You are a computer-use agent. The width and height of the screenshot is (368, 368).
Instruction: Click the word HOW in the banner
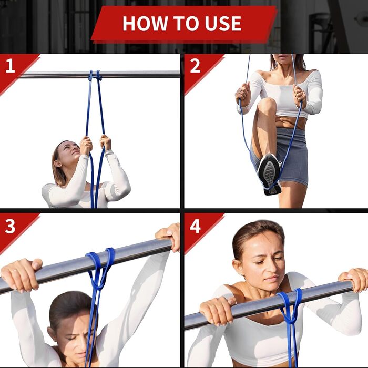145,23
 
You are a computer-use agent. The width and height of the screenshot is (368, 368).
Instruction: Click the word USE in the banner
223,23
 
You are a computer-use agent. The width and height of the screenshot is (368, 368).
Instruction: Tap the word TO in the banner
186,23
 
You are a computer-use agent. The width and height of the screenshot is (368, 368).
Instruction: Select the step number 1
10,66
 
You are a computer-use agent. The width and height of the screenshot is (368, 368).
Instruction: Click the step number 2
195,66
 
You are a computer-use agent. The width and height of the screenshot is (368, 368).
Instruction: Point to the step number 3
10,226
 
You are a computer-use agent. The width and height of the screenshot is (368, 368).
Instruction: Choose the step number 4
195,226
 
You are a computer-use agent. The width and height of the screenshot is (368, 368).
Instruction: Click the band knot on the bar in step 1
95,76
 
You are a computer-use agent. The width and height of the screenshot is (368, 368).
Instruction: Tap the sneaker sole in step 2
269,173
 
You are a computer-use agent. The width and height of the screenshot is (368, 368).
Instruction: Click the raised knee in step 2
267,105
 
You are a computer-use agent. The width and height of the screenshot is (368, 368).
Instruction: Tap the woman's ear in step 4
238,268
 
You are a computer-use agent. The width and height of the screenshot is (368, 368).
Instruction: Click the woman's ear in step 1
57,164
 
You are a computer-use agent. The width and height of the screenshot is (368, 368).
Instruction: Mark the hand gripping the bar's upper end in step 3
169,237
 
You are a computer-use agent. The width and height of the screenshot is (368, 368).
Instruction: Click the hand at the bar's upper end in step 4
354,280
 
